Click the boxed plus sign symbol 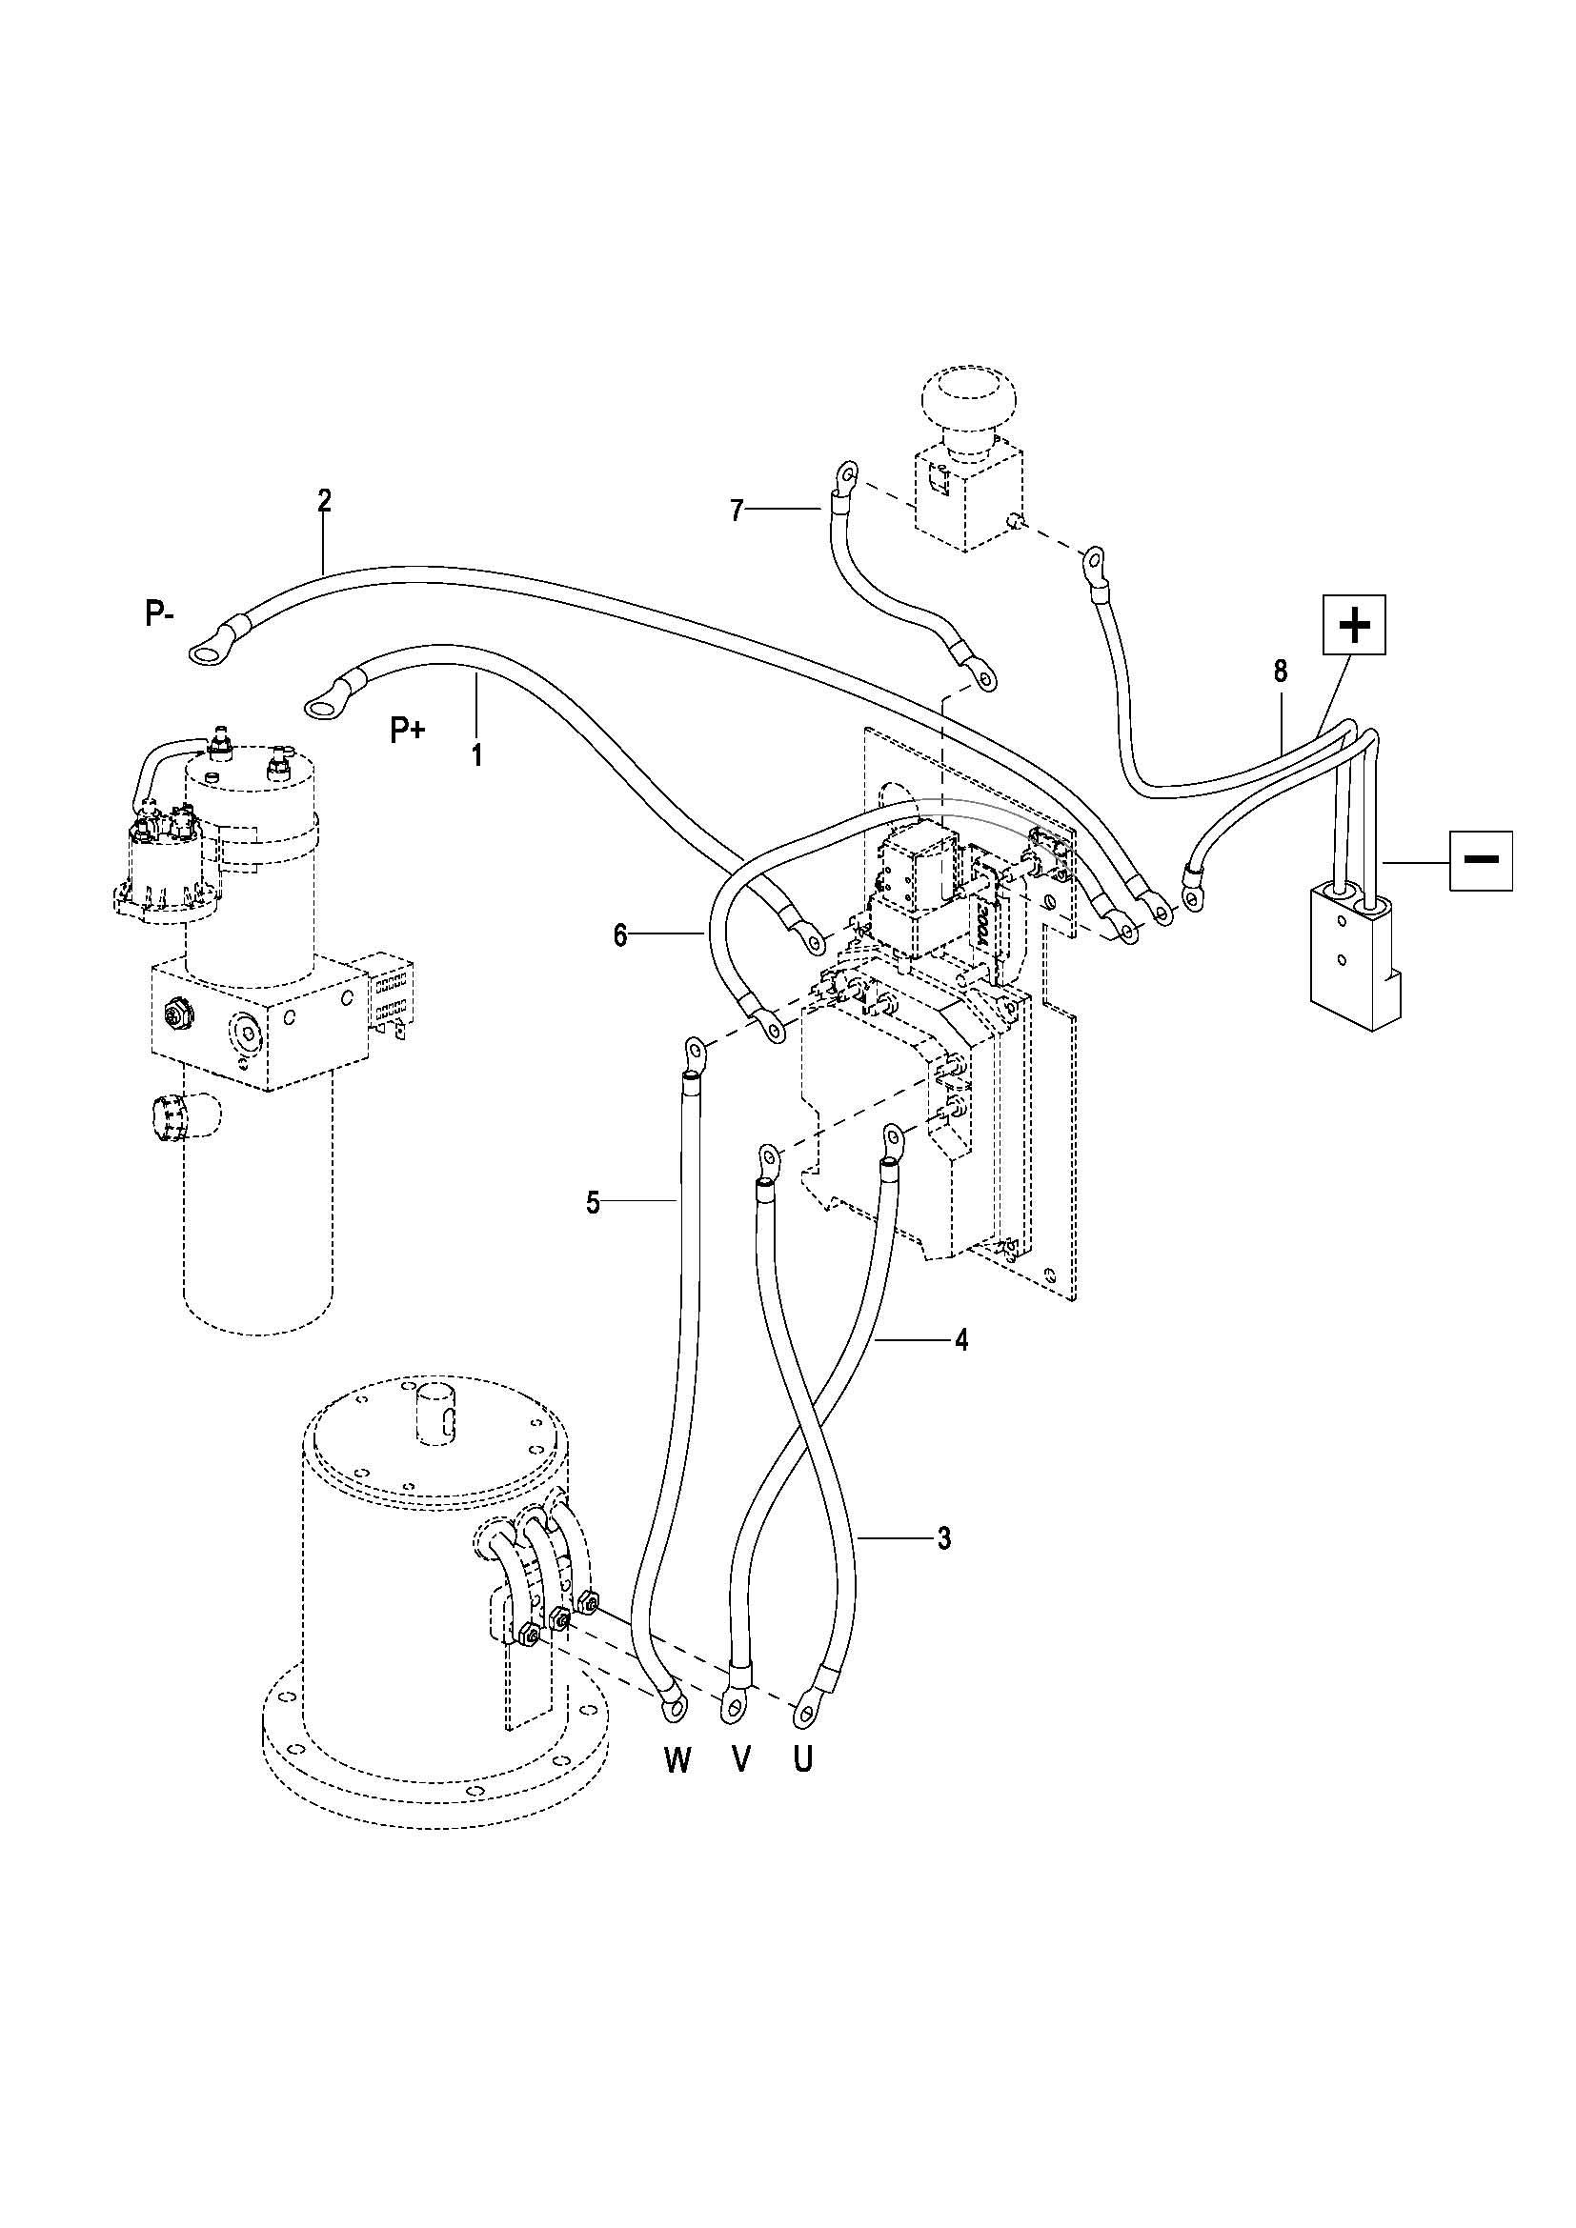pos(1354,626)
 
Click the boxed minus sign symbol pos(1481,860)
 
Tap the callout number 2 pos(324,501)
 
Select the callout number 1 pos(476,754)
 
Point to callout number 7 pos(737,511)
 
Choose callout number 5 pos(593,1203)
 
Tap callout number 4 pos(960,1340)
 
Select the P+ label pos(408,730)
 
